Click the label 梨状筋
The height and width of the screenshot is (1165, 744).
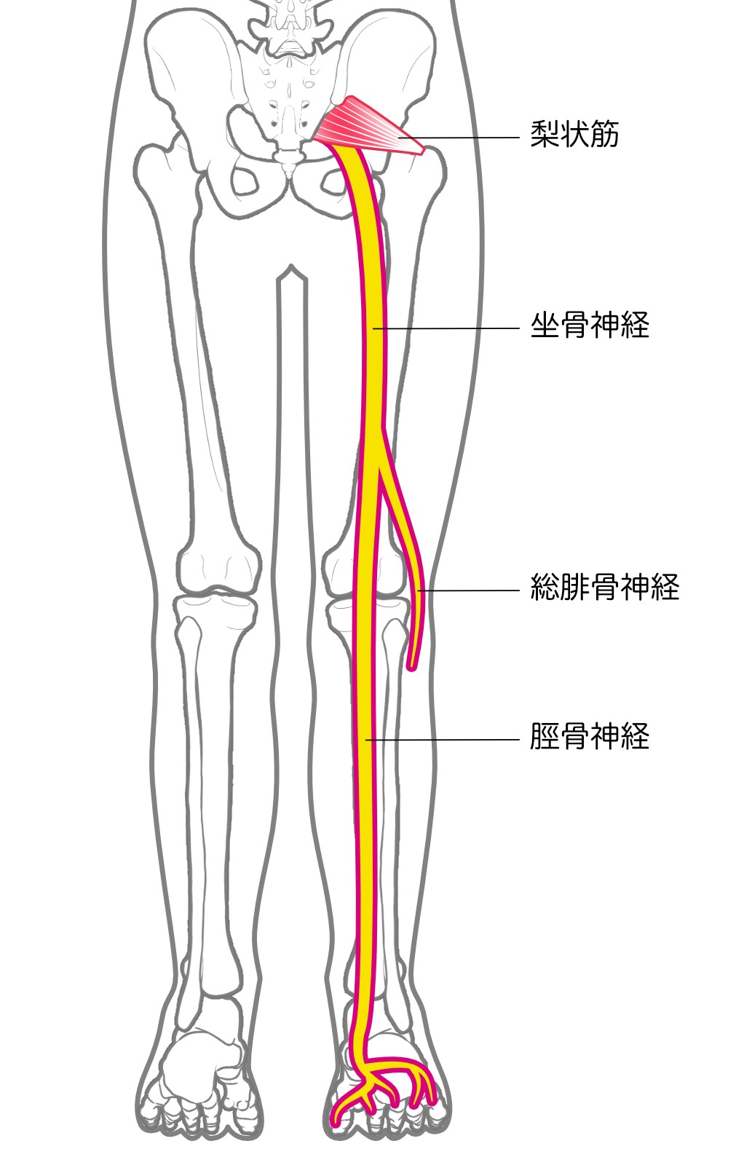tap(574, 135)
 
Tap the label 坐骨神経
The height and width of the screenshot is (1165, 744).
tap(589, 325)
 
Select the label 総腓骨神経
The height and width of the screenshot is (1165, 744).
tap(604, 587)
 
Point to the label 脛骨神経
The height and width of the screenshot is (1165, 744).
tap(589, 736)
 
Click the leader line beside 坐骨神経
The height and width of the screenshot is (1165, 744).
tap(446, 328)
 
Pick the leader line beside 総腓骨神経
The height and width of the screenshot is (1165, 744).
tap(468, 591)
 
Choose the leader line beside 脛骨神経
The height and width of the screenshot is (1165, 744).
tap(443, 739)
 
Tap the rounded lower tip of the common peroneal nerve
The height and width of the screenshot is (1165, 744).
tap(411, 667)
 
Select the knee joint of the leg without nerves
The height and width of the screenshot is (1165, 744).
tap(218, 592)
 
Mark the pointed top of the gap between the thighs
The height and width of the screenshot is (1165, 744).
tap(292, 266)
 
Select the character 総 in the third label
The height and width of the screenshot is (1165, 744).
tap(545, 587)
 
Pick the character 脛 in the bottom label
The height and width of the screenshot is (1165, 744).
tap(545, 736)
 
